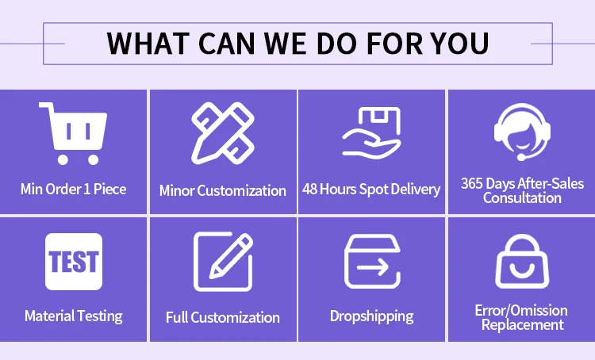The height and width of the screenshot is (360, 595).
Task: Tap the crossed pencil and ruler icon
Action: pyautogui.click(x=223, y=132)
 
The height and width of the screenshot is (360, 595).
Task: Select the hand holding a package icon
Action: pyautogui.click(x=372, y=132)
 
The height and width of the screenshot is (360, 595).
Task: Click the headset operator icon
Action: pyautogui.click(x=522, y=132)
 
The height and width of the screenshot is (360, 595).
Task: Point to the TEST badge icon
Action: pyautogui.click(x=74, y=262)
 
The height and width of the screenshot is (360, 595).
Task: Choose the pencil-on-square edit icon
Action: pyautogui.click(x=223, y=262)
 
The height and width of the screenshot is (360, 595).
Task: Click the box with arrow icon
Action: pyautogui.click(x=372, y=262)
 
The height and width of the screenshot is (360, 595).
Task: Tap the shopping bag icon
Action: pyautogui.click(x=522, y=262)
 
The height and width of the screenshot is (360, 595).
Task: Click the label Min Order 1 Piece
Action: pyautogui.click(x=74, y=189)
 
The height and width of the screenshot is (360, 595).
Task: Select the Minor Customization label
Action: pyautogui.click(x=223, y=190)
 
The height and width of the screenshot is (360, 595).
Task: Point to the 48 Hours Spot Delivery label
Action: pyautogui.click(x=371, y=190)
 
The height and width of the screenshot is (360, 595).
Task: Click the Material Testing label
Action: pyautogui.click(x=74, y=316)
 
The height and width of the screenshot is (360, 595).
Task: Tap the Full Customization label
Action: pyautogui.click(x=223, y=317)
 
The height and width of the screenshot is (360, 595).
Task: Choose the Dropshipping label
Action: pyautogui.click(x=372, y=316)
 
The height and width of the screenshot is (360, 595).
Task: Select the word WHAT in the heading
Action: pyautogui.click(x=148, y=44)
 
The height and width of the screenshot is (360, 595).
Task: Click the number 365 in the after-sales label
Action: pyautogui.click(x=472, y=184)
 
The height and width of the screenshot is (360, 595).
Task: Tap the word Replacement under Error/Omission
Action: pyautogui.click(x=523, y=325)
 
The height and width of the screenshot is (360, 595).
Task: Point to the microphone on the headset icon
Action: pyautogui.click(x=521, y=157)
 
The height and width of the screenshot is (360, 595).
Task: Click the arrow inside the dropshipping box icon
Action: pyautogui.click(x=372, y=268)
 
